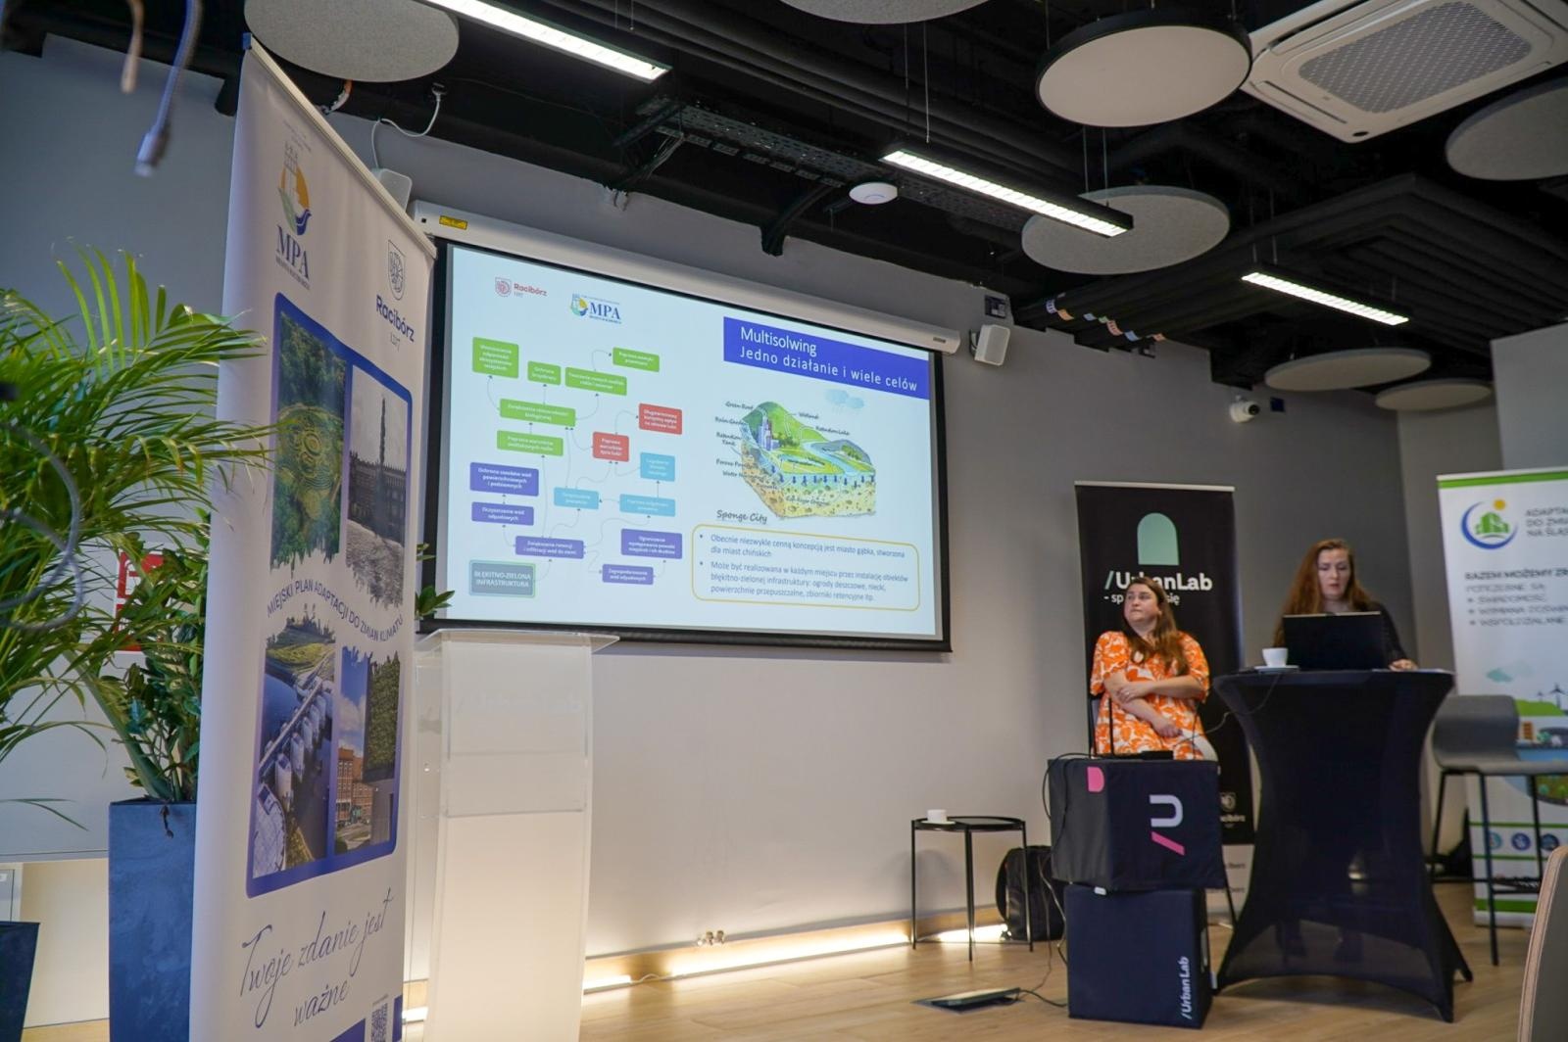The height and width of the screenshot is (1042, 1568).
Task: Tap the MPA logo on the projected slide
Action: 597,308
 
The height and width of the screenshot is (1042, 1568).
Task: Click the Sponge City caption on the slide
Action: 742,515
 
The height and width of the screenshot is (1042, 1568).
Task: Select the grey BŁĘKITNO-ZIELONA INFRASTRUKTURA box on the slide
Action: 502,578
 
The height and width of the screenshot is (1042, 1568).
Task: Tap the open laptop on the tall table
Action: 1333,641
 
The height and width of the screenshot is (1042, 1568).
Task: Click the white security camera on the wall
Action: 1243,410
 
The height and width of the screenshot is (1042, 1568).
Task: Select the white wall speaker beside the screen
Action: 992,344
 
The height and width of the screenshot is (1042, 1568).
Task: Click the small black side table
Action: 968,862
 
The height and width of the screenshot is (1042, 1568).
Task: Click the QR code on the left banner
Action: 378,1021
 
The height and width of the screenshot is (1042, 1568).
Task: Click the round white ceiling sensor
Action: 872,193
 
